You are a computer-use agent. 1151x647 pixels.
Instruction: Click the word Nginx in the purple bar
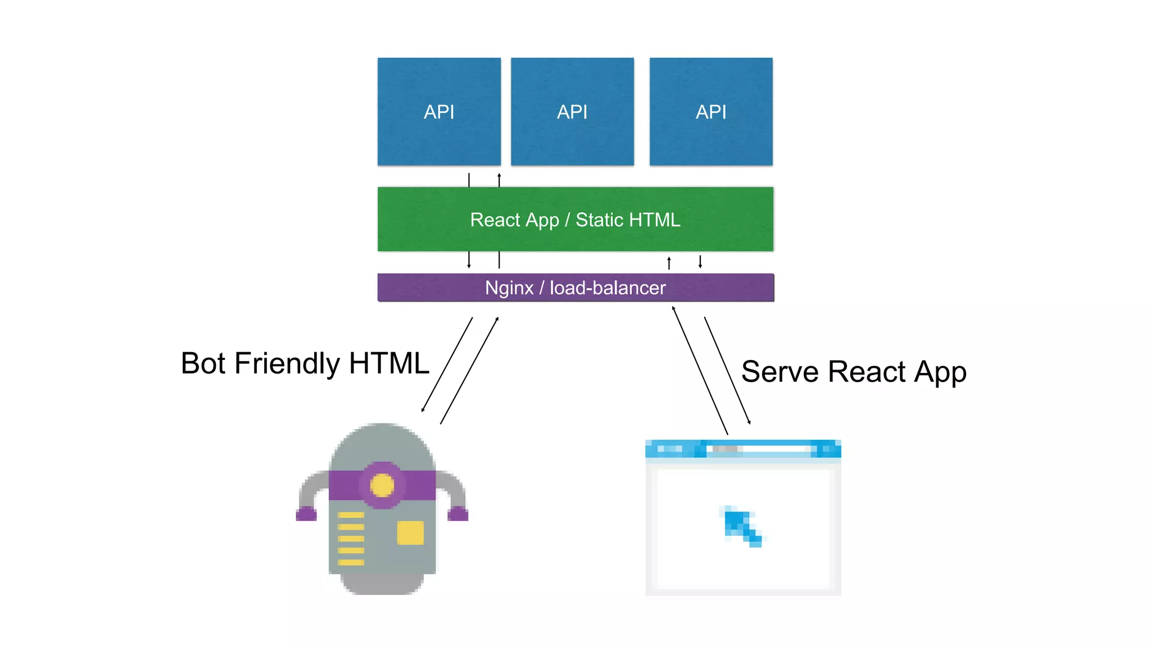click(x=509, y=288)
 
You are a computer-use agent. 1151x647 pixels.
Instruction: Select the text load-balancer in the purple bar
click(x=608, y=288)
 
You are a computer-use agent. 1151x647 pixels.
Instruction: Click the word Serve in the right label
click(x=781, y=372)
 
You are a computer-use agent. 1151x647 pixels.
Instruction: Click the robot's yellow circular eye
click(x=382, y=485)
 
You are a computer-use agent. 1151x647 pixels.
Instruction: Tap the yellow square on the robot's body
click(x=410, y=532)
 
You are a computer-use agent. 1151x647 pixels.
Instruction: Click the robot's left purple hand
click(x=306, y=513)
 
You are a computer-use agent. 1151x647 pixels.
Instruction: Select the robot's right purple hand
click(x=457, y=513)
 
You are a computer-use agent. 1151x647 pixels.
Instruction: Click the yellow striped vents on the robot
click(x=351, y=538)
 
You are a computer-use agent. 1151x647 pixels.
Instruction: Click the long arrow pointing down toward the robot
click(x=447, y=365)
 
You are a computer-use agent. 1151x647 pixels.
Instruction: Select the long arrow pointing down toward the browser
click(x=727, y=371)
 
